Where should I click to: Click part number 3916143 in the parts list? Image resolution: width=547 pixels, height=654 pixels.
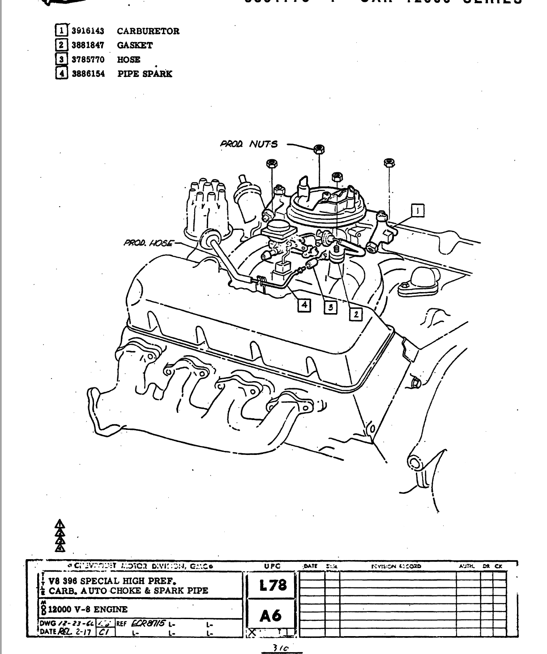88,31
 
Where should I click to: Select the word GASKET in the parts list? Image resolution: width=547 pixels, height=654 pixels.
135,45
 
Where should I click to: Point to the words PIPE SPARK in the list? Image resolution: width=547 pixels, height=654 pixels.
145,74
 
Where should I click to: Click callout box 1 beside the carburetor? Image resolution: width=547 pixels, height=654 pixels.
418,210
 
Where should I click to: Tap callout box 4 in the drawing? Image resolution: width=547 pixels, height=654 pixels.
304,305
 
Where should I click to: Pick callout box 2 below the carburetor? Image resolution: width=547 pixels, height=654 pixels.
356,314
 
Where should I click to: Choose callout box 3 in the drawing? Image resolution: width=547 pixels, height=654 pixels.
330,307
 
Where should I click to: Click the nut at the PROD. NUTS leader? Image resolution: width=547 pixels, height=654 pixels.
319,149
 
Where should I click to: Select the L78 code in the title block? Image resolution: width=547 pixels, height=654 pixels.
272,585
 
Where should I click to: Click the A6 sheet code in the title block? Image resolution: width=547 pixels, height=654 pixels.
271,616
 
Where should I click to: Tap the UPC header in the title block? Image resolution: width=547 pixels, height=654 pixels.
272,566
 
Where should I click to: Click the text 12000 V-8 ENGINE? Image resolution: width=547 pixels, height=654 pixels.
88,609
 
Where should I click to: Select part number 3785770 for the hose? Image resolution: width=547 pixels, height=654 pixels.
88,59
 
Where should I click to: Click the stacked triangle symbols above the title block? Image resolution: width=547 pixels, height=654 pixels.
60,535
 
